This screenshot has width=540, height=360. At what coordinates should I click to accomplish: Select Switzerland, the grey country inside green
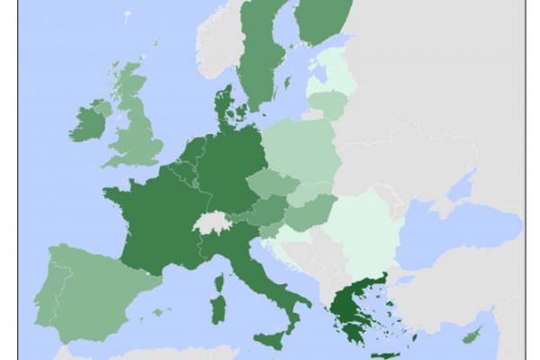[212, 221]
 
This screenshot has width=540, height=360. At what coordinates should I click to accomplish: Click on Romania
[360, 225]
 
